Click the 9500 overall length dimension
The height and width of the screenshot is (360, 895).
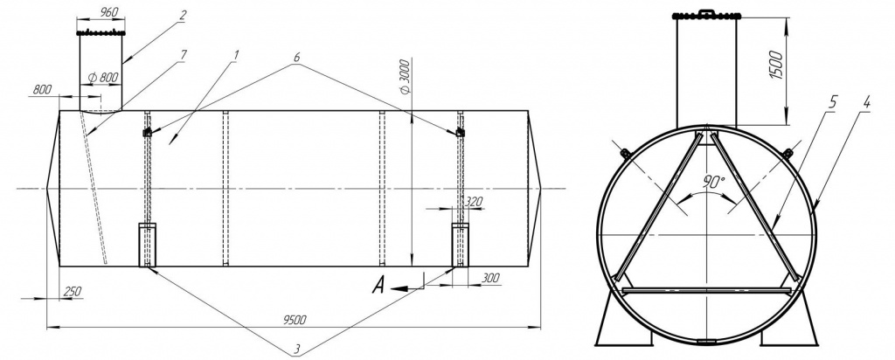[295, 320]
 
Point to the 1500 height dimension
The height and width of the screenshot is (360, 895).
[776, 64]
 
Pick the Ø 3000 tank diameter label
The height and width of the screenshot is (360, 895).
[406, 76]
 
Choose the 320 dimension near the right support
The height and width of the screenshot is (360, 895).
[474, 201]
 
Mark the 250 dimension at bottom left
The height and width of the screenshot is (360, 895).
[72, 291]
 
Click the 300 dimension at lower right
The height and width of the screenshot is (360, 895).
[490, 278]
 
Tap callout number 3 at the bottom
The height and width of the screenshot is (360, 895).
[297, 348]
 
